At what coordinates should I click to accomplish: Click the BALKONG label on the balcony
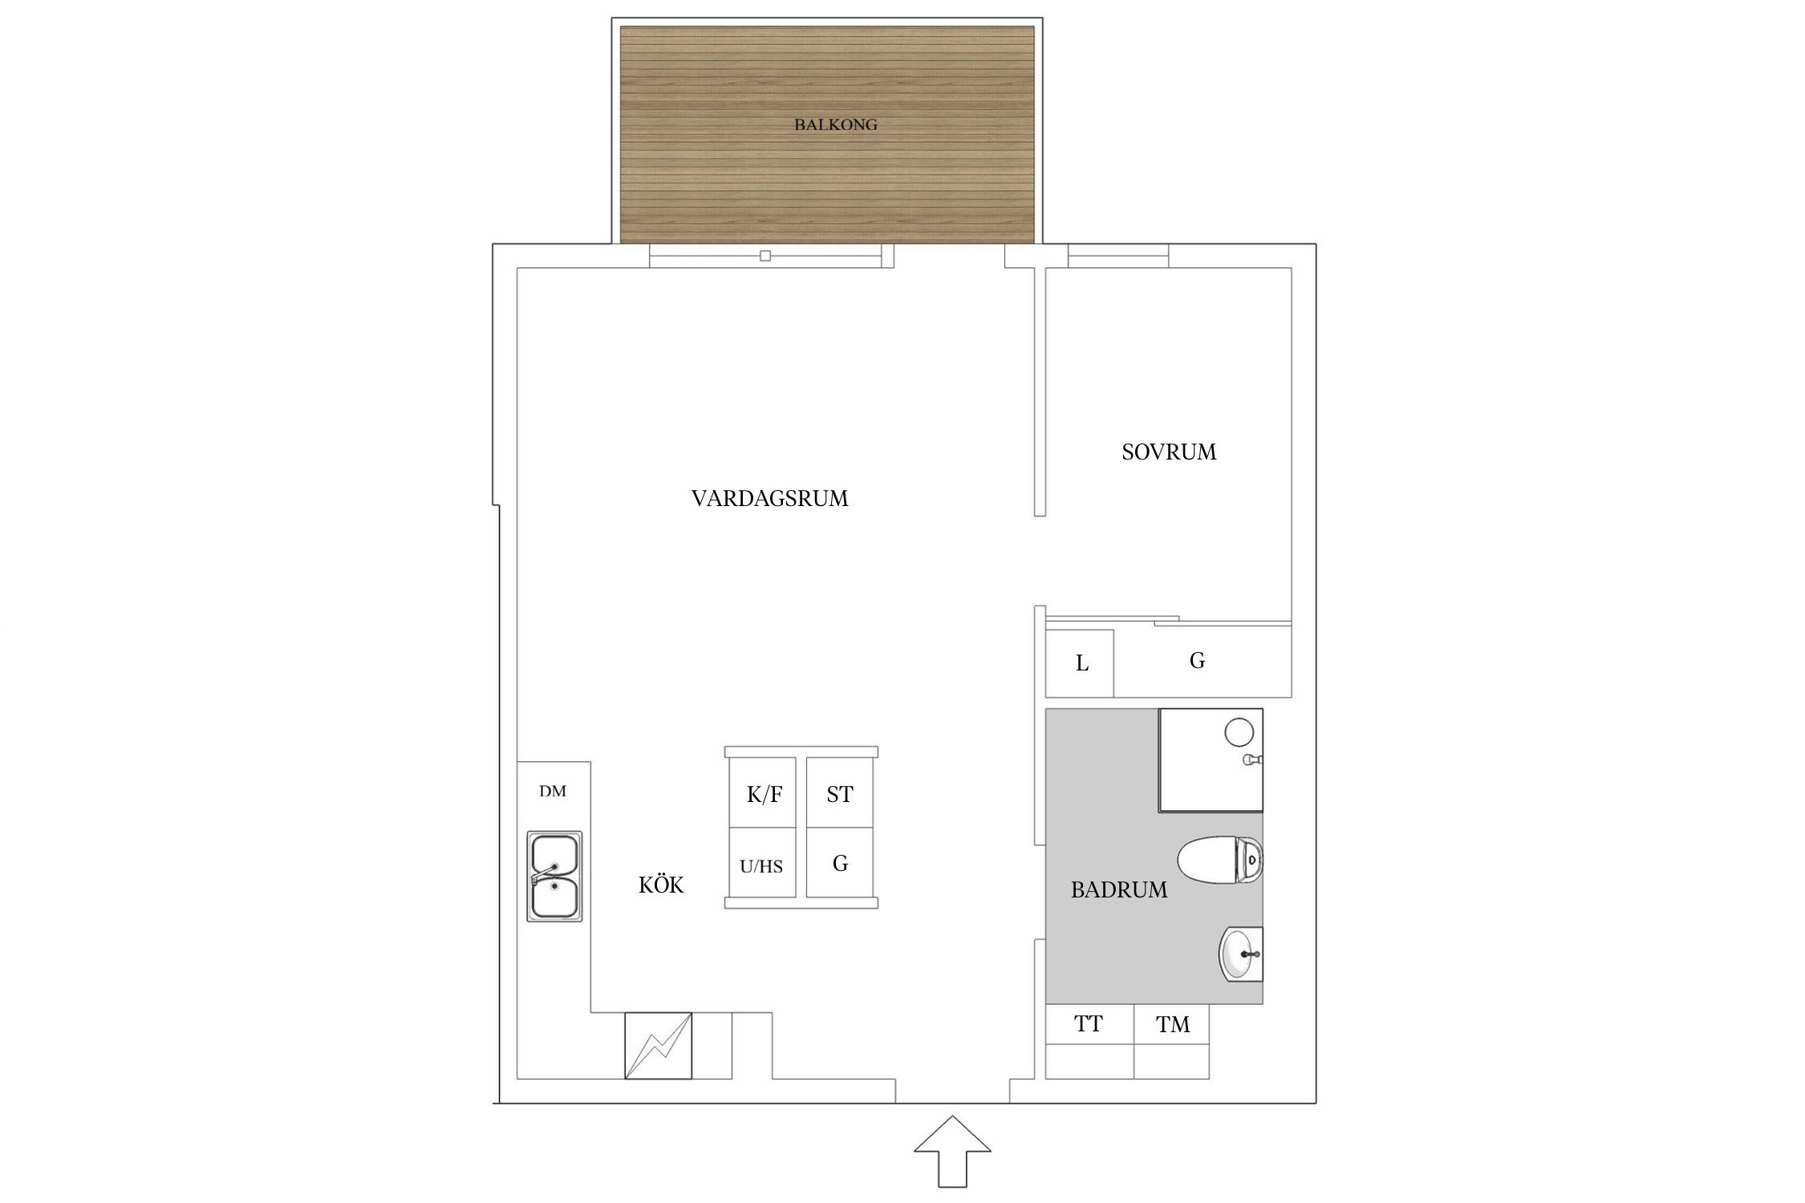tap(835, 124)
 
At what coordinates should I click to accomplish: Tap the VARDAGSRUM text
tap(769, 499)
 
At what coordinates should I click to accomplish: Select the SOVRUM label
tap(1169, 452)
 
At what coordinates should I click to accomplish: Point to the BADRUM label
tap(1119, 889)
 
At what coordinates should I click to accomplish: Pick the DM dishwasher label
tap(553, 792)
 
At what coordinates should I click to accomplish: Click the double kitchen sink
tap(554, 876)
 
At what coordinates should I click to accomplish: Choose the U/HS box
tap(762, 863)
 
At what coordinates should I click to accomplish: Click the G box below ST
tap(840, 863)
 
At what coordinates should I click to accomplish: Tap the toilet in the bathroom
tap(1219, 860)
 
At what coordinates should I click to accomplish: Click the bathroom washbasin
tap(1241, 954)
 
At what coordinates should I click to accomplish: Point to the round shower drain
tap(1239, 732)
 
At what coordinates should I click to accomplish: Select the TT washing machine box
tap(1089, 1041)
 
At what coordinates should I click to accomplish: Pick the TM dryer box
tap(1172, 1041)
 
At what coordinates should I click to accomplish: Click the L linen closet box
tap(1080, 663)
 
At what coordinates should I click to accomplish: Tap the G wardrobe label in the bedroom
tap(1197, 660)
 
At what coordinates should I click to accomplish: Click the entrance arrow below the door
tap(952, 1150)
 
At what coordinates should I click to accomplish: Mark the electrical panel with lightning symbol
tap(658, 1046)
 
